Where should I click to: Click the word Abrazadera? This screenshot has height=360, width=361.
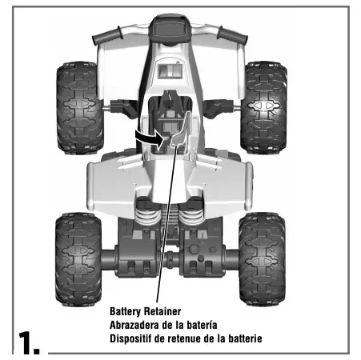tap(138, 326)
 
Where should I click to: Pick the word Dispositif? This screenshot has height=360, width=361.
tap(134, 338)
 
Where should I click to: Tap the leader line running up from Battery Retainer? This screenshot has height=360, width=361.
tap(166, 232)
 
